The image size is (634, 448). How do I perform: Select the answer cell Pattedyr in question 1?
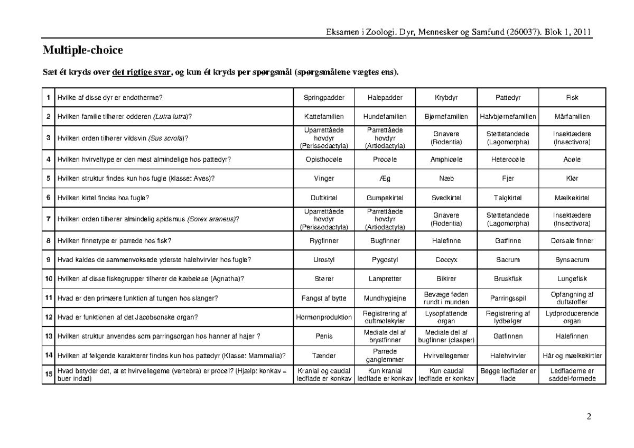508,98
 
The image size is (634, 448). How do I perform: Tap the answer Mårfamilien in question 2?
572,117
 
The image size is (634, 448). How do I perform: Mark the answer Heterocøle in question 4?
508,159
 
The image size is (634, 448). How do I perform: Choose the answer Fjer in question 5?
508,179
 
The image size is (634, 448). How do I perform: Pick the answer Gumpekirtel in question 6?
385,198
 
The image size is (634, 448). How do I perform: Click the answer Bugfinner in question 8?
385,241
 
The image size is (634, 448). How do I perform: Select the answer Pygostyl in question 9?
385,259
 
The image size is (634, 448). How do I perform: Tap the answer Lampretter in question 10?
385,278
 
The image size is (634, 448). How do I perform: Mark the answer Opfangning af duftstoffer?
572,298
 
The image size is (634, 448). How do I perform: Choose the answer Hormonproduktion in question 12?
324,317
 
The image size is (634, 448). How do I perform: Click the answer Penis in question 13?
324,336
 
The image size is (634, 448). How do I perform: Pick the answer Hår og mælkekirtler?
572,356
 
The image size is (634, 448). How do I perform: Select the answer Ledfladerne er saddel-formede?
572,375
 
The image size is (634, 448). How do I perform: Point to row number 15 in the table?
48,375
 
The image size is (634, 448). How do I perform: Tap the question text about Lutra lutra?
124,117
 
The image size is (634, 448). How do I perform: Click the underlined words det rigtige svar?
142,72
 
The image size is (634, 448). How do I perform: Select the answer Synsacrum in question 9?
572,259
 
